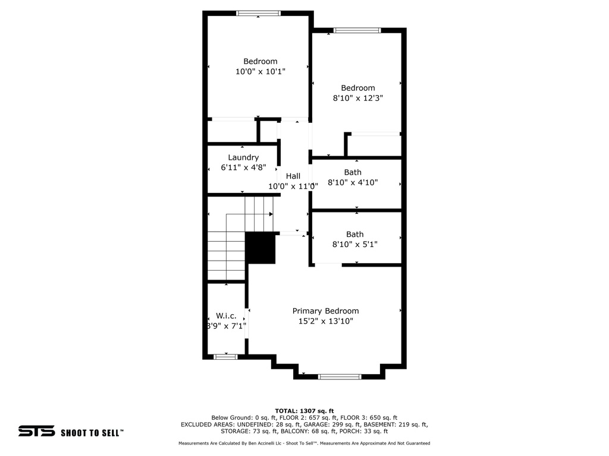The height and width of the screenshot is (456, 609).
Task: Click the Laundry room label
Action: pyautogui.click(x=243, y=157)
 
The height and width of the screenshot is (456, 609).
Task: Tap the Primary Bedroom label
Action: pyautogui.click(x=325, y=311)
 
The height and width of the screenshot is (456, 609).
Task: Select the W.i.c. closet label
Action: pyautogui.click(x=225, y=315)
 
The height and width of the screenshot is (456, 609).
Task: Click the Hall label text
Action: pyautogui.click(x=293, y=176)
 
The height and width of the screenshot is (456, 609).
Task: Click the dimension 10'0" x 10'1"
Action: pyautogui.click(x=260, y=71)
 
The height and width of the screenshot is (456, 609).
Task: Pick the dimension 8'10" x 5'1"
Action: pyautogui.click(x=354, y=244)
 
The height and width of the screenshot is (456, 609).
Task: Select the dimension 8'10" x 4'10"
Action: pyautogui.click(x=353, y=183)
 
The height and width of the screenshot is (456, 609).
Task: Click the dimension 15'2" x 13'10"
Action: pyautogui.click(x=325, y=321)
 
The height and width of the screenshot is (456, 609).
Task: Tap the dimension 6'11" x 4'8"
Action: pyautogui.click(x=243, y=167)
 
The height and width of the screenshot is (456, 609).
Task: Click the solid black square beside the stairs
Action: pyautogui.click(x=260, y=248)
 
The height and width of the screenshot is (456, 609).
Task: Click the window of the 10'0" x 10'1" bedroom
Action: pyautogui.click(x=258, y=13)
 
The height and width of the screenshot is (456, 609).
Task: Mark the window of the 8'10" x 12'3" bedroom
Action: pyautogui.click(x=357, y=30)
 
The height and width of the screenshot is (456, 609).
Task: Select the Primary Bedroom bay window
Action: pyautogui.click(x=340, y=376)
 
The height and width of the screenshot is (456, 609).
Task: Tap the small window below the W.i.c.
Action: pyautogui.click(x=225, y=357)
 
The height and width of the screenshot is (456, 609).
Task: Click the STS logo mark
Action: pyautogui.click(x=36, y=432)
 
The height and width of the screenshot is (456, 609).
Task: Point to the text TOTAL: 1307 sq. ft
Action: pyautogui.click(x=304, y=411)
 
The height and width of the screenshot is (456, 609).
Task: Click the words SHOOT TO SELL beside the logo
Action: pyautogui.click(x=92, y=433)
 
